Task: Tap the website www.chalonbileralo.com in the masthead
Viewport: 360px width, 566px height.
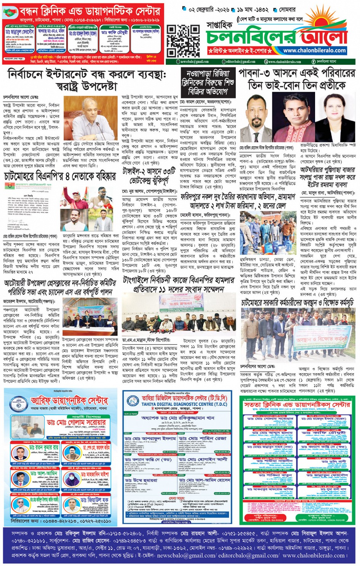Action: [314, 50]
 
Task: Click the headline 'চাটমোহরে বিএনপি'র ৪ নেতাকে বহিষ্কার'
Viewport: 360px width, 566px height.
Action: [60, 176]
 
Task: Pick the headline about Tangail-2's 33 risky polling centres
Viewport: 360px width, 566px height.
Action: [149, 176]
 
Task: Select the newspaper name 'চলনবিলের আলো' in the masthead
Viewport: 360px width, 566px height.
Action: [277, 37]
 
